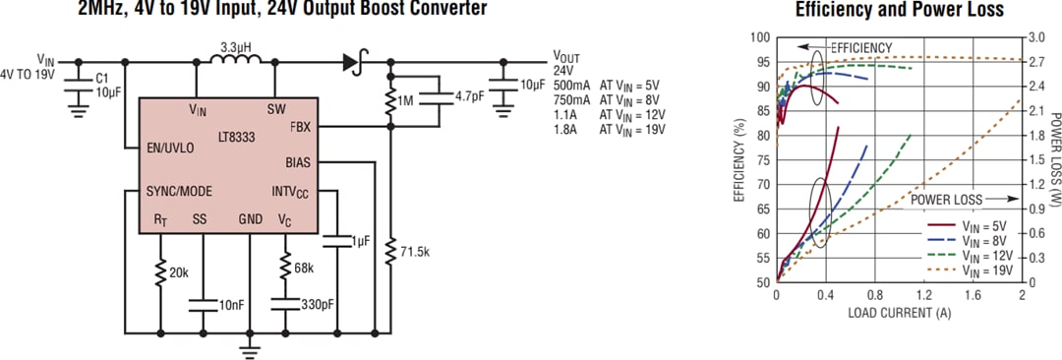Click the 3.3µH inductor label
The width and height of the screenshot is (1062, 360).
pos(232,46)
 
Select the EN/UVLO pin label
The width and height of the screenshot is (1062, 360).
pos(170,148)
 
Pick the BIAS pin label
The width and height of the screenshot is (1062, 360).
pos(297,161)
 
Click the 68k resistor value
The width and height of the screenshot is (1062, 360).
pos(303,267)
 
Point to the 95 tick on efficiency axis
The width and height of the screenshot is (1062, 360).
pos(760,62)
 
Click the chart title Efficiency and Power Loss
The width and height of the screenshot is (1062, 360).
pos(899,10)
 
